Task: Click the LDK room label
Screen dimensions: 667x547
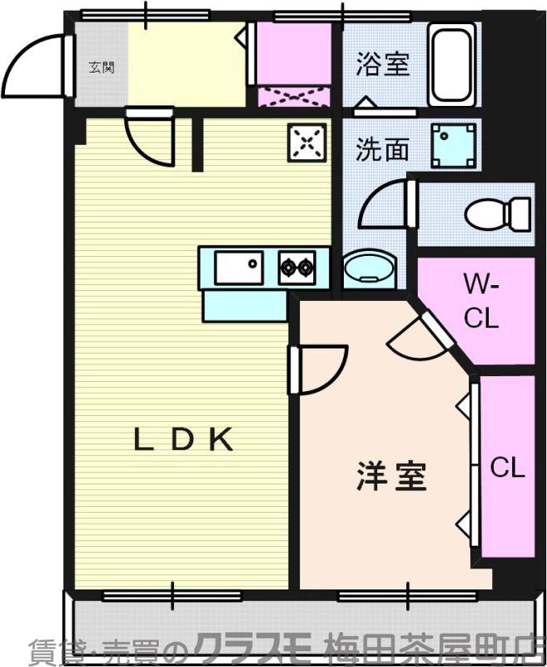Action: pyautogui.click(x=184, y=440)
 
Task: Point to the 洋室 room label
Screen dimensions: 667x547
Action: pyautogui.click(x=391, y=476)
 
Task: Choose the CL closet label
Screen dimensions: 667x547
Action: pyautogui.click(x=507, y=468)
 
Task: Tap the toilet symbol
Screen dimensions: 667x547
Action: pyautogui.click(x=498, y=213)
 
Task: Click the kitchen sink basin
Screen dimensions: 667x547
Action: pyautogui.click(x=239, y=268)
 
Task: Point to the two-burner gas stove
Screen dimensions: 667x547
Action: pyautogui.click(x=297, y=268)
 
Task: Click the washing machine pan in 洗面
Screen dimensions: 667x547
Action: pyautogui.click(x=454, y=145)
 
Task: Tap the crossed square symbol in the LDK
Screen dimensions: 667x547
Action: pyautogui.click(x=306, y=143)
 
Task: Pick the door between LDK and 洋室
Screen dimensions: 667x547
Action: pyautogui.click(x=319, y=369)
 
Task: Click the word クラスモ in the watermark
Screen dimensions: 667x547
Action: pyautogui.click(x=251, y=648)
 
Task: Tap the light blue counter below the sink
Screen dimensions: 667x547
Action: pyautogui.click(x=244, y=305)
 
